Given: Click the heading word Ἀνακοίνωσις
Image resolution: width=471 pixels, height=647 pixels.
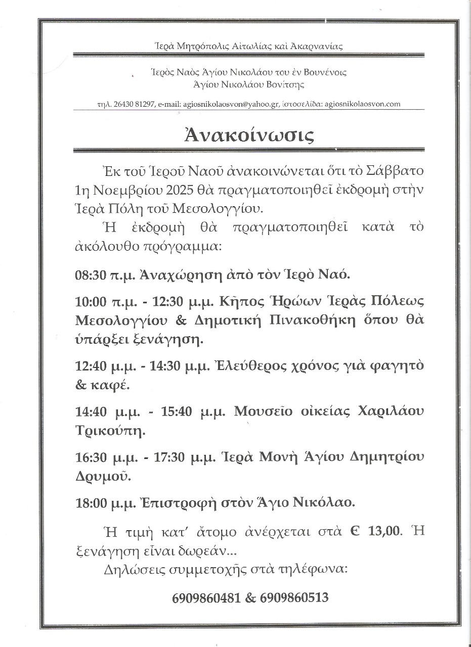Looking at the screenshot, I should pos(249,135).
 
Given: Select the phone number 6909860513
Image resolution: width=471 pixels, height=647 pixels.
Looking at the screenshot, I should pos(294,598).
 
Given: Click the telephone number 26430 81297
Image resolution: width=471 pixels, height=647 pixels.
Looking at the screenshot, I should pos(129,104).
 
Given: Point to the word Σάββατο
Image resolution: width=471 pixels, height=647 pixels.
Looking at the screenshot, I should pos(396,170).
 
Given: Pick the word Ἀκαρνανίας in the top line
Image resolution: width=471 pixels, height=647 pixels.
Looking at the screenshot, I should pos(320,47).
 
